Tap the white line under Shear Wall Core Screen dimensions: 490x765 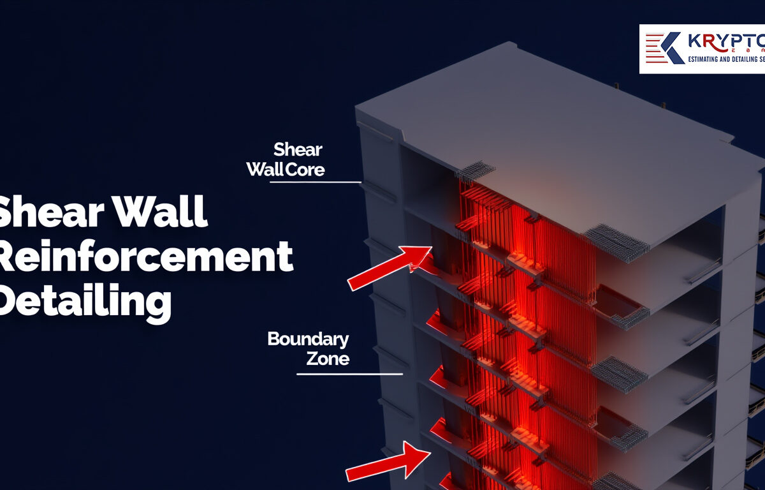click(x=316, y=182)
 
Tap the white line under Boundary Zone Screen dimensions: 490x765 click(x=349, y=374)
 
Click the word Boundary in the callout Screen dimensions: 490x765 click(x=308, y=339)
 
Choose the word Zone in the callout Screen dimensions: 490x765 click(x=328, y=359)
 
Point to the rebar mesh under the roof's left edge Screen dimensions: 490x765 click(x=475, y=170)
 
